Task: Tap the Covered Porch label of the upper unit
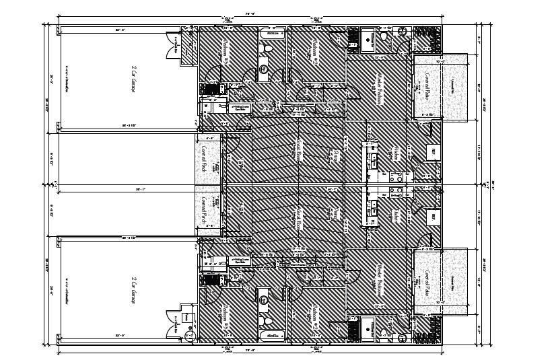(203, 159)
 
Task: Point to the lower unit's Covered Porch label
(203, 210)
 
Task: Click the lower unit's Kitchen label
(396, 215)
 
